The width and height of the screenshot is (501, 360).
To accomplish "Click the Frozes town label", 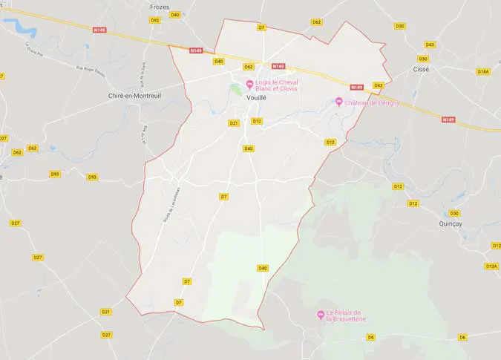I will pos(160,7).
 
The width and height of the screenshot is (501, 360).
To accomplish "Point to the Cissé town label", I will pos(421,68).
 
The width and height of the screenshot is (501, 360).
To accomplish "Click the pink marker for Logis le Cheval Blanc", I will pos(249,82).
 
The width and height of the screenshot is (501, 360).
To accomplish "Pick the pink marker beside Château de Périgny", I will pos(338,102).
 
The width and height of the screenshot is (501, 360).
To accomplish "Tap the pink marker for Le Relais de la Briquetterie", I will pos(321,314).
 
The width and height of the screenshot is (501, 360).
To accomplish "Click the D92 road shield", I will pos(155,20).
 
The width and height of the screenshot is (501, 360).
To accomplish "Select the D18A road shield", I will pos(483,72).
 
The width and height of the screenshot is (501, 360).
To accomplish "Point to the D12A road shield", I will pos(491,266).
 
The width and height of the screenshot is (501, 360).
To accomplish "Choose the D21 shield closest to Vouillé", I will pos(234,123).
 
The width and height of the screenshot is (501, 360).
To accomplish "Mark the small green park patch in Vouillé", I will pos(237,89).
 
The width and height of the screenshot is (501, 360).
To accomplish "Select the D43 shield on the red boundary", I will pos(379,85).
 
